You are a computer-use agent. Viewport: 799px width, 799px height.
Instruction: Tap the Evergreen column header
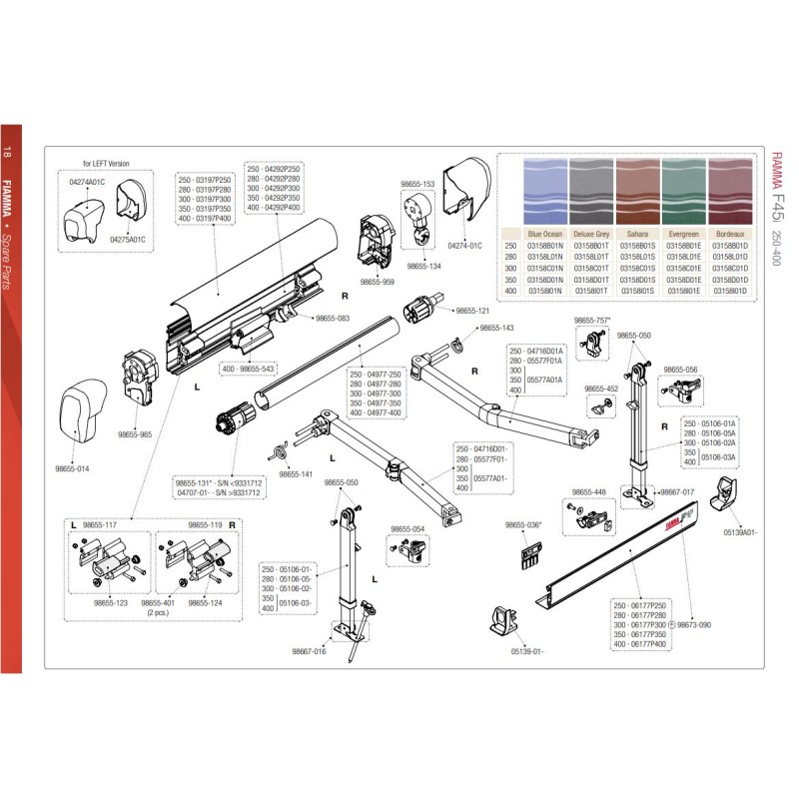685,233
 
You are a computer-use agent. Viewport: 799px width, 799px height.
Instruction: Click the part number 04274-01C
464,245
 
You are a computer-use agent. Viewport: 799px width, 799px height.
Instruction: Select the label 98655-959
377,283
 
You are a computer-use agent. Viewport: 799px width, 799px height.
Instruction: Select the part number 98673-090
693,624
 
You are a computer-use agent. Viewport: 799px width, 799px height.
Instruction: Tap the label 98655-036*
522,525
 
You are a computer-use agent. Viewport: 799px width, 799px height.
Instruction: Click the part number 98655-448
588,492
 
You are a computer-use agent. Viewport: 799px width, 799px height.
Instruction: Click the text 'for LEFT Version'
106,163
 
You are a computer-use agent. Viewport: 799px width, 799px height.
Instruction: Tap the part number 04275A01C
128,240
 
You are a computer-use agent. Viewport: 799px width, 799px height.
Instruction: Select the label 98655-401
158,603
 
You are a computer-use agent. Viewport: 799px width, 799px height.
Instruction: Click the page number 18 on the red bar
9,152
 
